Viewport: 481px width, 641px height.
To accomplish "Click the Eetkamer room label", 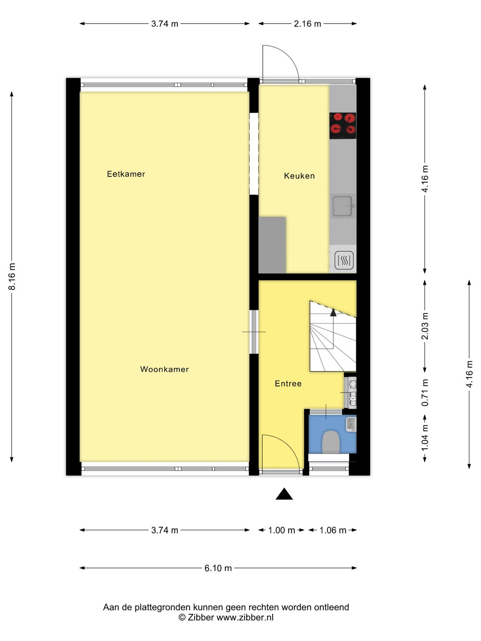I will tap(126, 174).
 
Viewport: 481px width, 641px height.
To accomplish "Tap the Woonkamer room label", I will tap(164, 369).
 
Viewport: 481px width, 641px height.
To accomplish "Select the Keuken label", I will tap(299, 176).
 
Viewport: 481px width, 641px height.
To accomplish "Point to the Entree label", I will tap(288, 384).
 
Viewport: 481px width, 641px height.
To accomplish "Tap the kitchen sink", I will tap(342, 206).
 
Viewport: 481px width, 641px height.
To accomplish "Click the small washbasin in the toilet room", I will tap(351, 424).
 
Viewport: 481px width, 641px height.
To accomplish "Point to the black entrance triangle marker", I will tap(284, 495).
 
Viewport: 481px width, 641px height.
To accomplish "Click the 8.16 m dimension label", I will tap(12, 276).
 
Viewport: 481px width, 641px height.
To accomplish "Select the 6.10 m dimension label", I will tap(218, 568).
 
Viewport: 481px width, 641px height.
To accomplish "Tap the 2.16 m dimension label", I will tap(307, 24).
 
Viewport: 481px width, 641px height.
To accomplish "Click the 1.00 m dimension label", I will tap(281, 530).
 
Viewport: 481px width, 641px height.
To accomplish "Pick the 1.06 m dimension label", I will tap(333, 530).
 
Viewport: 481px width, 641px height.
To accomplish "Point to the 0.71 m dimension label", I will tap(425, 393).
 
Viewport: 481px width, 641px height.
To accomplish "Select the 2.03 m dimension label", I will tap(425, 326).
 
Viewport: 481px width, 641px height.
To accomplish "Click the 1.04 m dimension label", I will tap(425, 438).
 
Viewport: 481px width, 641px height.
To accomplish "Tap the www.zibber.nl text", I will tap(245, 617).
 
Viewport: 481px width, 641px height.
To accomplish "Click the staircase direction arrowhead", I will tap(333, 312).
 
